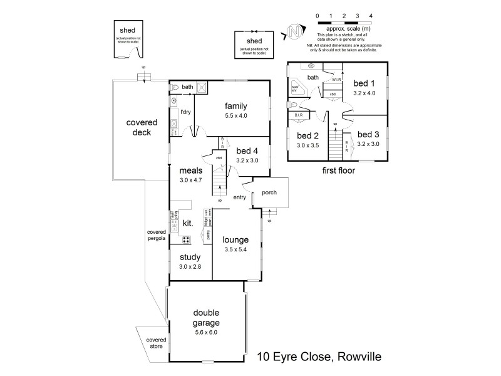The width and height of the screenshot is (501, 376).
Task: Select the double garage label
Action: pos(205,318)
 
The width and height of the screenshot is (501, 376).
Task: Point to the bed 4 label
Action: pos(248,150)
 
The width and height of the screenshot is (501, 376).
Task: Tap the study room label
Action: pos(189,257)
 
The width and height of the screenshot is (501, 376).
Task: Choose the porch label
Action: pos(269,192)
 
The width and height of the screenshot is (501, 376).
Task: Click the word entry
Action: pos(239,198)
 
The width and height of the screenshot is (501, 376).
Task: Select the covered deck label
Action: pos(142,127)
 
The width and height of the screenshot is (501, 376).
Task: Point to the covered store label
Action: pos(156,343)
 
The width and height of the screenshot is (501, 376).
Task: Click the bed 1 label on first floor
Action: pos(363,83)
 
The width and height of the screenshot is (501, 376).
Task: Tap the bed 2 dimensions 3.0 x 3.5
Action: pos(307,145)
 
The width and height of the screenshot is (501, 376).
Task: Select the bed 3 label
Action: pos(368,133)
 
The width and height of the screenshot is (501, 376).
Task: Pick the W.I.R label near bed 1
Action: pos(336,80)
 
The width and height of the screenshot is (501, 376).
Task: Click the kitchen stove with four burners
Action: pos(187,239)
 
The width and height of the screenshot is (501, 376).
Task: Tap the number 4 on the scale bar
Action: pos(371,14)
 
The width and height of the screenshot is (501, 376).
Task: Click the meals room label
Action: pos(190,170)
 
